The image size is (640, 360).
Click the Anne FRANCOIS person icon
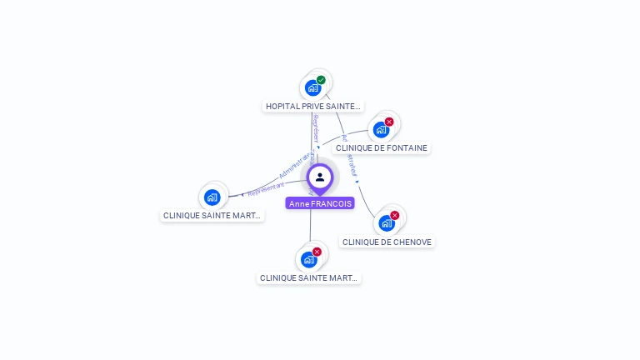(320, 177)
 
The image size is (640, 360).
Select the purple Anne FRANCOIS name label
(320, 203)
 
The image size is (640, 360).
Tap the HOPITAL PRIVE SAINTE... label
(313, 106)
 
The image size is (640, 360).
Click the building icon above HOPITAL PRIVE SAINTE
(313, 87)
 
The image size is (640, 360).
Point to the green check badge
(321, 80)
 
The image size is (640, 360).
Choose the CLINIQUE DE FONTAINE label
(381, 148)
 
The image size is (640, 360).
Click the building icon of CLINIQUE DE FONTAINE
(381, 130)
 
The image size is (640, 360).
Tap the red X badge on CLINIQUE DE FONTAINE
(389, 122)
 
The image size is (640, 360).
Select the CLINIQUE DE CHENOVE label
(387, 242)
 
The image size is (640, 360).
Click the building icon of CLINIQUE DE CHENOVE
(386, 223)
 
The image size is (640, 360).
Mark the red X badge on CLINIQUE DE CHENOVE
(394, 215)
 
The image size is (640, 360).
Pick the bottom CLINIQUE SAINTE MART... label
(308, 278)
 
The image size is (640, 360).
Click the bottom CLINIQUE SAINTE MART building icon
(308, 260)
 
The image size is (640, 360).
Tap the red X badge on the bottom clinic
(317, 252)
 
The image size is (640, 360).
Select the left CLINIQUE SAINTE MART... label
(212, 215)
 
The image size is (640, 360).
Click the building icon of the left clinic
(212, 197)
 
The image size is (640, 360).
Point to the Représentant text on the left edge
(266, 189)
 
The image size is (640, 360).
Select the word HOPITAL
(282, 106)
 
